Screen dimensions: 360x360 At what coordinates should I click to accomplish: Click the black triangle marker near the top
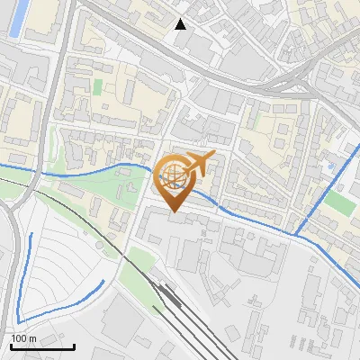click(x=181, y=23)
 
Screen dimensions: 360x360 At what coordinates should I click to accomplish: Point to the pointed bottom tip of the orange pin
click(x=174, y=212)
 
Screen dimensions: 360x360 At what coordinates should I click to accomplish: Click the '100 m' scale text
click(x=23, y=338)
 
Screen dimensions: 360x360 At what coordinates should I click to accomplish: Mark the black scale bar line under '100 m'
click(x=42, y=346)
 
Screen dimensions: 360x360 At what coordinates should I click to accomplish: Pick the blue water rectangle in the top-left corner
click(x=16, y=18)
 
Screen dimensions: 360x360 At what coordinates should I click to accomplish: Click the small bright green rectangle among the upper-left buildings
click(x=97, y=86)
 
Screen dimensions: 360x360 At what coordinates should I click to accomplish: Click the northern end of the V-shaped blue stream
click(x=32, y=235)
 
